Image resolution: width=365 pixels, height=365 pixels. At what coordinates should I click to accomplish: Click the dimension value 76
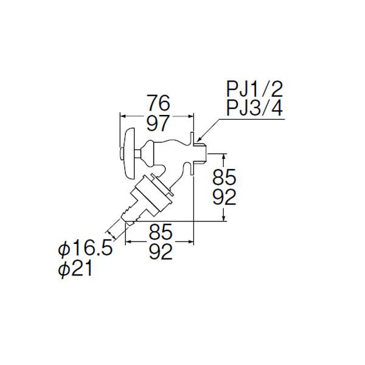pos(158,103)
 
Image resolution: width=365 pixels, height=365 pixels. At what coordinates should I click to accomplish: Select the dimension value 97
pos(158,123)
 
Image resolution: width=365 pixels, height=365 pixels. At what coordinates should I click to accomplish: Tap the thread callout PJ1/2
pos(255,89)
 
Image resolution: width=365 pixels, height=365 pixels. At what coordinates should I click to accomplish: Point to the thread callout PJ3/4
pos(255,108)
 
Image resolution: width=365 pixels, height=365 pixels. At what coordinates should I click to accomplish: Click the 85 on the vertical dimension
pos(224,177)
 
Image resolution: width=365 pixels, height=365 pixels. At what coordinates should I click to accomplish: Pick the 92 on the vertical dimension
pos(224,197)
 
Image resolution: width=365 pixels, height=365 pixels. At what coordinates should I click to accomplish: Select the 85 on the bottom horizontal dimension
pos(161,232)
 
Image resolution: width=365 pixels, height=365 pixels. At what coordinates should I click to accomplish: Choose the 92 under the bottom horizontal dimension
pos(161,252)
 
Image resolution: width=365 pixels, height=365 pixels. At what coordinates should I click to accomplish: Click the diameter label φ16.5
pos(85,249)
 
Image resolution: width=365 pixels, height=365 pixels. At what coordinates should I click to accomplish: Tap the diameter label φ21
pos(75,269)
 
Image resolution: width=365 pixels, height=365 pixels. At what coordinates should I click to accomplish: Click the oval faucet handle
pos(129,153)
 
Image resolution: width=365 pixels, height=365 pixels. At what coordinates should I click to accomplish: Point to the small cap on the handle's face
pos(121,154)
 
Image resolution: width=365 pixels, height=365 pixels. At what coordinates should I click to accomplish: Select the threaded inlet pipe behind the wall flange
pos(200,154)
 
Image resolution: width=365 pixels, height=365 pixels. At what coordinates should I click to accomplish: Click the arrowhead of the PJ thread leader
pos(198,141)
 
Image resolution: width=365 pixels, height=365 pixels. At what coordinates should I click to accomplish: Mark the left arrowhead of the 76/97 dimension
pos(122,116)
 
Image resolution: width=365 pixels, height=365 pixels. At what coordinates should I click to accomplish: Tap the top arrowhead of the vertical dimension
pos(224,156)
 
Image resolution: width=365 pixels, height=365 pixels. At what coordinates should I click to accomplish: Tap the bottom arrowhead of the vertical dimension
pos(224,218)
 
